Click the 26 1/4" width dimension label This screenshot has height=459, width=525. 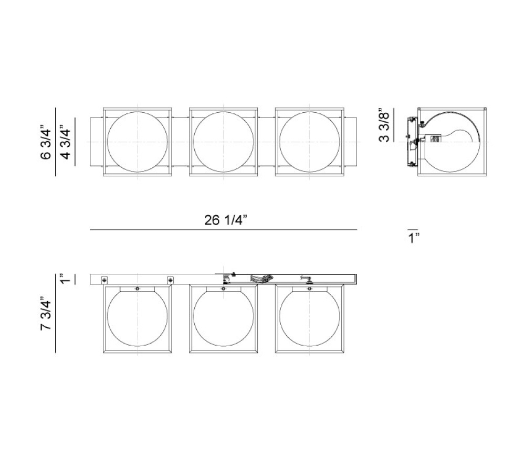226,220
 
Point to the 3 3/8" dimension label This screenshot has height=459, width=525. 385,126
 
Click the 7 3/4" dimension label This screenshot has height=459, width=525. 46,314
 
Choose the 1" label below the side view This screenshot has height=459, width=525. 414,238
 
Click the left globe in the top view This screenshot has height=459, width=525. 137,142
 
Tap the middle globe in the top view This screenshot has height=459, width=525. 223,142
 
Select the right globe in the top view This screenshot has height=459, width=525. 309,142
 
